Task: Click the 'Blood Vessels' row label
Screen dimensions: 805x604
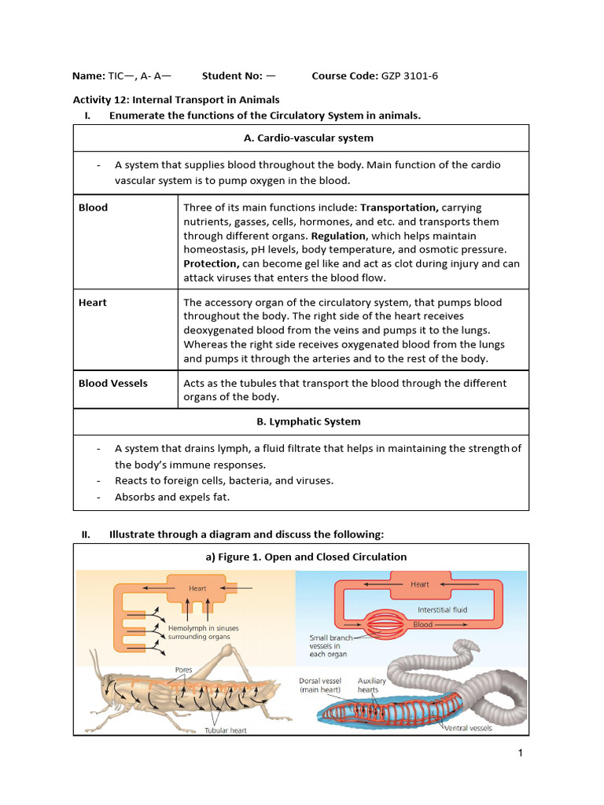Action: [112, 384]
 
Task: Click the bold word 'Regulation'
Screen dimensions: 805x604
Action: [338, 236]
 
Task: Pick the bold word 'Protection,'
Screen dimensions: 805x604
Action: [211, 264]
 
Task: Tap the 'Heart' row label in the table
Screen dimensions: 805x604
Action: [92, 303]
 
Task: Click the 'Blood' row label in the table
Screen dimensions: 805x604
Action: [93, 208]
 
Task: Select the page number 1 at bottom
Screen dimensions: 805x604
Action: [520, 753]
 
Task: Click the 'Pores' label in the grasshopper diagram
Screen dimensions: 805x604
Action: [183, 670]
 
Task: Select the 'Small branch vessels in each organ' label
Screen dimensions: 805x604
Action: [328, 645]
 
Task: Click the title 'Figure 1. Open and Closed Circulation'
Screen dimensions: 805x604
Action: [300, 557]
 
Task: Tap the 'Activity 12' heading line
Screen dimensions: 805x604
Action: [176, 100]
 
